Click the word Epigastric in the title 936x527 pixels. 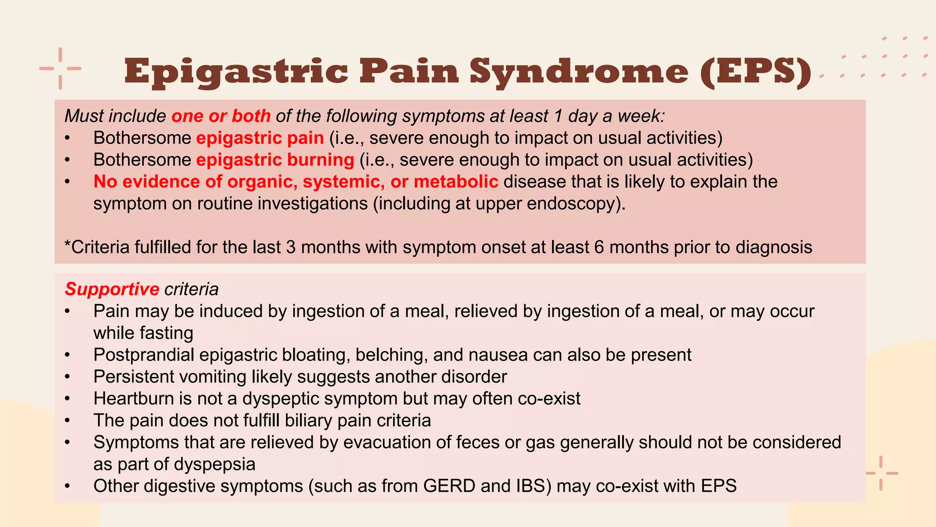236,72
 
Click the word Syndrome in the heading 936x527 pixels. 579,72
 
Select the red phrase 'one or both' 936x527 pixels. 221,116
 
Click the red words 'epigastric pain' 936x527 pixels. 260,138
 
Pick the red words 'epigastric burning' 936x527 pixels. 275,160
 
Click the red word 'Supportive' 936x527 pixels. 112,290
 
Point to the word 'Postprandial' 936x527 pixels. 144,355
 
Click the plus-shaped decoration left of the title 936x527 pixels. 60,69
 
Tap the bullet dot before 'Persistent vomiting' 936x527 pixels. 68,377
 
